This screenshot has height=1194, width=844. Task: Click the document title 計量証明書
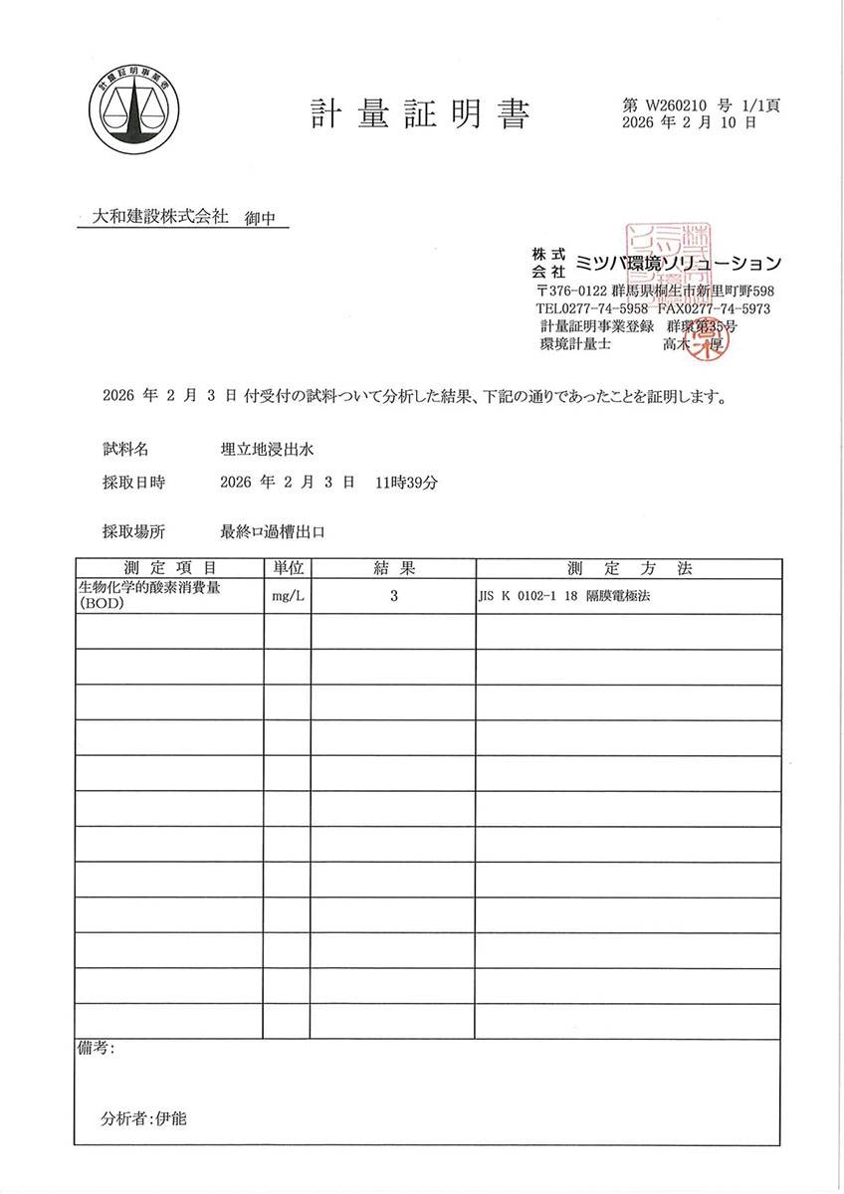pyautogui.click(x=419, y=114)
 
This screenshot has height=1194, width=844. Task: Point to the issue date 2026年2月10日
pyautogui.click(x=688, y=123)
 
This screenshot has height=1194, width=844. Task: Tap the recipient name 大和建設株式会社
pyautogui.click(x=160, y=216)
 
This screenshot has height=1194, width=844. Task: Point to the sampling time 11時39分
pyautogui.click(x=407, y=483)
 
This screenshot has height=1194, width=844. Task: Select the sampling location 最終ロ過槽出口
pyautogui.click(x=274, y=532)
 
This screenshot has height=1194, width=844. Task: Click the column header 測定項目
pyautogui.click(x=170, y=568)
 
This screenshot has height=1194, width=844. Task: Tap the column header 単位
pyautogui.click(x=288, y=568)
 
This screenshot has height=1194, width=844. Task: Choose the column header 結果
pyautogui.click(x=393, y=568)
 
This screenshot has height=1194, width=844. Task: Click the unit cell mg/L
pyautogui.click(x=288, y=597)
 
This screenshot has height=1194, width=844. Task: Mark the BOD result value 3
pyautogui.click(x=394, y=597)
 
